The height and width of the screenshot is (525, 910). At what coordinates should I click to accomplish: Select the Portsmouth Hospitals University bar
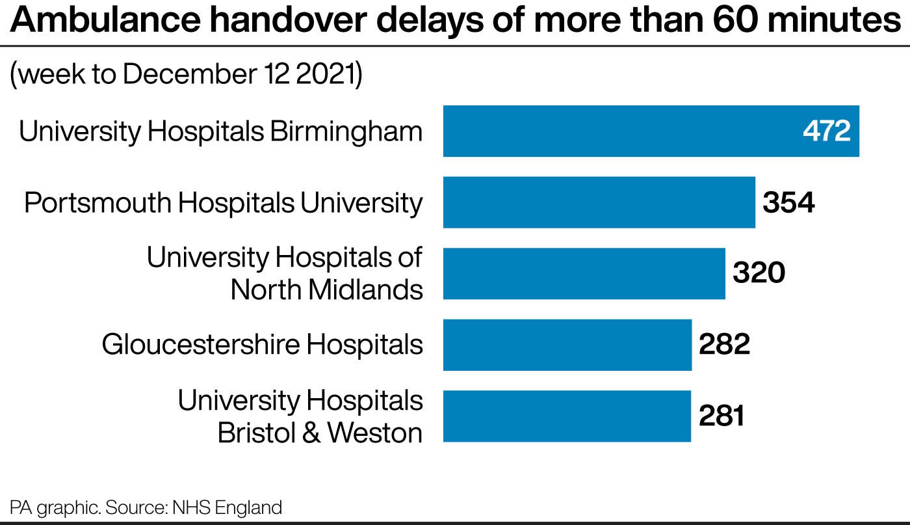click(x=599, y=202)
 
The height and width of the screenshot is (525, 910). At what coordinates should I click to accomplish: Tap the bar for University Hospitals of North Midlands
click(x=584, y=273)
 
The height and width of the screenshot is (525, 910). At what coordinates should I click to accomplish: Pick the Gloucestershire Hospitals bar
click(x=567, y=345)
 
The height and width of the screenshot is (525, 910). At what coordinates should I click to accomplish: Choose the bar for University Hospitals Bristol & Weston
click(x=566, y=416)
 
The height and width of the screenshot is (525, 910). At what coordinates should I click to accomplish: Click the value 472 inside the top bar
click(x=826, y=131)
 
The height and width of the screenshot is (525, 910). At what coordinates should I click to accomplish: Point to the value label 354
click(x=788, y=203)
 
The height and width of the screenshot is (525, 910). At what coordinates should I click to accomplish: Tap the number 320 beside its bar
click(x=759, y=273)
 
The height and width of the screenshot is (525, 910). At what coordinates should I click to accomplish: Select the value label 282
click(x=724, y=345)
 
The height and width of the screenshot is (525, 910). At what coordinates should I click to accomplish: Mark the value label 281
click(x=721, y=416)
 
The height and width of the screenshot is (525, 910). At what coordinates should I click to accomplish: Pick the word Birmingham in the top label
click(x=346, y=132)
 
